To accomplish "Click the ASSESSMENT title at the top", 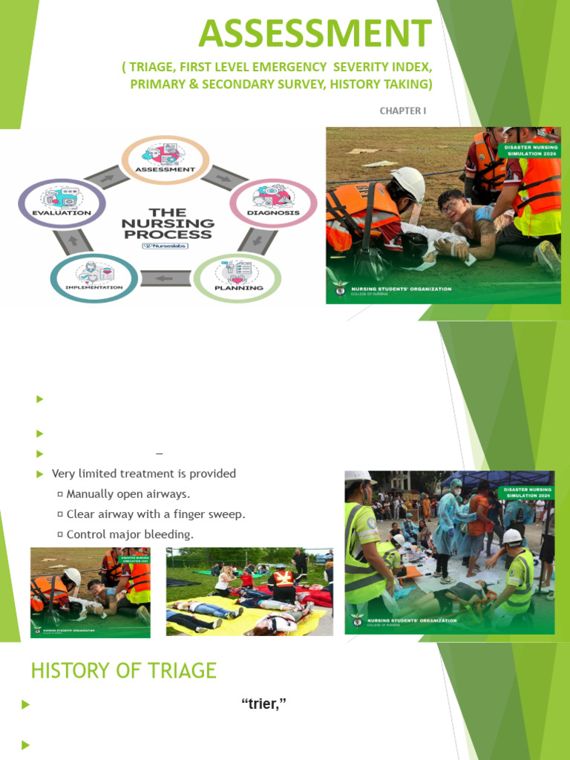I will (315, 33).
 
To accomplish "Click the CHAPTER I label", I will (403, 111).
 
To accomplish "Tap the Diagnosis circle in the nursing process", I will (263, 203).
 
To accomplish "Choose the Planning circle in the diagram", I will (237, 278).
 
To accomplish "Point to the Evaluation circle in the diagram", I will (62, 203).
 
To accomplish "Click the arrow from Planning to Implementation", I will (166, 279).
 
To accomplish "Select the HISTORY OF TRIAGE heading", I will (123, 671).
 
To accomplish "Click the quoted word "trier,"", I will (263, 704).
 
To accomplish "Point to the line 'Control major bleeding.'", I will (129, 534).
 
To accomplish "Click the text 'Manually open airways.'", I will (128, 494).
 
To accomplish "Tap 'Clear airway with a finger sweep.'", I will (155, 514).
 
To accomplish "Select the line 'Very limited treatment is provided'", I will (144, 474).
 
